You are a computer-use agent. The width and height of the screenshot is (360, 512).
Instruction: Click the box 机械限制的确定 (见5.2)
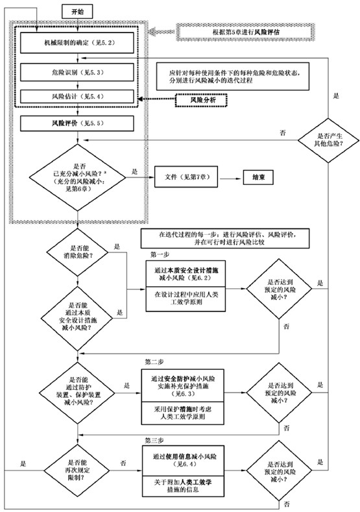78,43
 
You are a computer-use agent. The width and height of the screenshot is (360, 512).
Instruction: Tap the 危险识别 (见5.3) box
78,71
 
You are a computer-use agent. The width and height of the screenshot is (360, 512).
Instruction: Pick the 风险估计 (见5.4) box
78,96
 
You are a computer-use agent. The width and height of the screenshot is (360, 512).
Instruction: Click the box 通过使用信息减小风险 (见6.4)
187,457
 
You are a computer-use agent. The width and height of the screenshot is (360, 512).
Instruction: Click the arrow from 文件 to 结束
231,176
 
